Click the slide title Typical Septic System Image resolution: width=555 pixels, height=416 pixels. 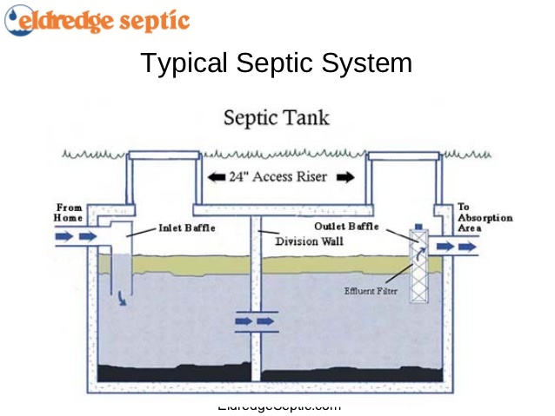coord(276,63)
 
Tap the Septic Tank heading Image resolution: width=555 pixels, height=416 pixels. coord(277,116)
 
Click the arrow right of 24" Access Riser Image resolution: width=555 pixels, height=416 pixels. coord(345,177)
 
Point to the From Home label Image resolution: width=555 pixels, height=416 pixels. coord(69,213)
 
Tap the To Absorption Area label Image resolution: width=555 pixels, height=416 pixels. coord(485,218)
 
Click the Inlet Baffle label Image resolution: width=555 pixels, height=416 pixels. coord(186,228)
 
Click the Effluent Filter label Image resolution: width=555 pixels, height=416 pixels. coord(371,291)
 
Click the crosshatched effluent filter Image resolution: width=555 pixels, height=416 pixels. coord(420,266)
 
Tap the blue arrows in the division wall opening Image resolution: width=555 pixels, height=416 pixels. coord(255,321)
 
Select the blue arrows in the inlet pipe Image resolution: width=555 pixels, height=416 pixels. coord(77,236)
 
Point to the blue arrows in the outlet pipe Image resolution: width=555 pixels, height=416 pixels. coord(457,247)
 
